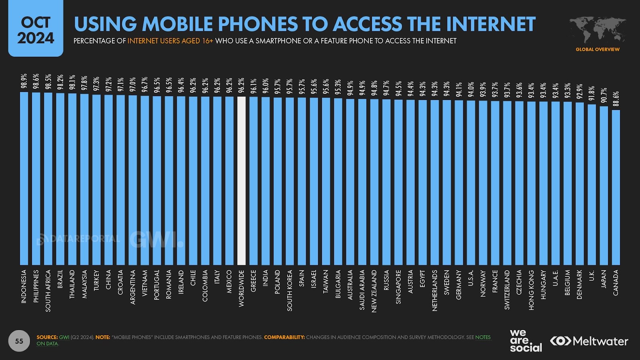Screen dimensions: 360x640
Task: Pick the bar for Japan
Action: pyautogui.click(x=604, y=186)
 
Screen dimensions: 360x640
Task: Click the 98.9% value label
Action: pyautogui.click(x=24, y=81)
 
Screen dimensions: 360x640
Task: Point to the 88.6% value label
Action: pyautogui.click(x=616, y=99)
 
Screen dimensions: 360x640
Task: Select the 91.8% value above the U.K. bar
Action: pyautogui.click(x=592, y=94)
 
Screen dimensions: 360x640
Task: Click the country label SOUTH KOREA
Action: pyautogui.click(x=290, y=290)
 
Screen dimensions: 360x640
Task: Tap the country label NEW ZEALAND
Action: pyautogui.click(x=374, y=291)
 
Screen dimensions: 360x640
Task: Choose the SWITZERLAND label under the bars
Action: pyautogui.click(x=507, y=290)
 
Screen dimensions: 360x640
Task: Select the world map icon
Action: pyautogui.click(x=598, y=30)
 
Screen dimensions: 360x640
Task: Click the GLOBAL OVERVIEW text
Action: pyautogui.click(x=598, y=50)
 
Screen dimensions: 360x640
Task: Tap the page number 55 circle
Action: pyautogui.click(x=19, y=341)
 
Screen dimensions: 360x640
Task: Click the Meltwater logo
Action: pyautogui.click(x=589, y=341)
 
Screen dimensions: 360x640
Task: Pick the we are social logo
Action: pyautogui.click(x=525, y=341)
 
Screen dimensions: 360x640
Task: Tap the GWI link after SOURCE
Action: pyautogui.click(x=64, y=337)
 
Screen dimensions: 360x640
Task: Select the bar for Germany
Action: pyautogui.click(x=459, y=182)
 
